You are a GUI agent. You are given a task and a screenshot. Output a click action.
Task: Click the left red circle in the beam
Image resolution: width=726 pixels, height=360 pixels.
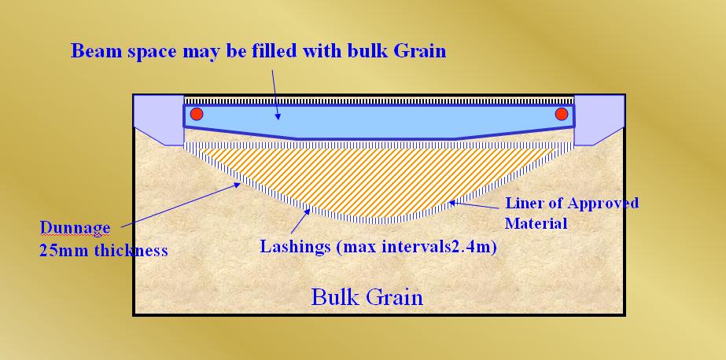(x=197, y=114)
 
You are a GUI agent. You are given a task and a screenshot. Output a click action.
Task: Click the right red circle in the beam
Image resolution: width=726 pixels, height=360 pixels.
(x=562, y=114)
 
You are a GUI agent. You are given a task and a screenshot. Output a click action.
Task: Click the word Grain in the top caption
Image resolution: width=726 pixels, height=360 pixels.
(x=419, y=50)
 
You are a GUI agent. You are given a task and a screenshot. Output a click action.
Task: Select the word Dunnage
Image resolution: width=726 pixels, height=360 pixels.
(x=75, y=228)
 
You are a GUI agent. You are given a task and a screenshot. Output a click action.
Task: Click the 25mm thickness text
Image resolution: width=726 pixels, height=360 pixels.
(x=103, y=251)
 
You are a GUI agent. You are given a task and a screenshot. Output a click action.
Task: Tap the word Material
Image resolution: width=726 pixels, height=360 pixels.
(x=536, y=223)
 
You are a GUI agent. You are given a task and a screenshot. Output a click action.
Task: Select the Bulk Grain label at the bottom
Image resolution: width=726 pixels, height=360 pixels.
(x=367, y=296)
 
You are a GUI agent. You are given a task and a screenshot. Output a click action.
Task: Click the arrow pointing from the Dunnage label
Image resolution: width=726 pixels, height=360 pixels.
(x=181, y=205)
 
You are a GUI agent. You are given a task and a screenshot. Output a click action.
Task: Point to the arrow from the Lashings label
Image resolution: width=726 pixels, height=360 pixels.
(x=300, y=221)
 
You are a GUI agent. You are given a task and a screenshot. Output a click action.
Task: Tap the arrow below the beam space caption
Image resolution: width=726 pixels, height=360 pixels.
(x=275, y=95)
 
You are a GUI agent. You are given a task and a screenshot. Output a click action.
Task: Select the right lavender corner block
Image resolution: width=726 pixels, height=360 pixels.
(x=599, y=119)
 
